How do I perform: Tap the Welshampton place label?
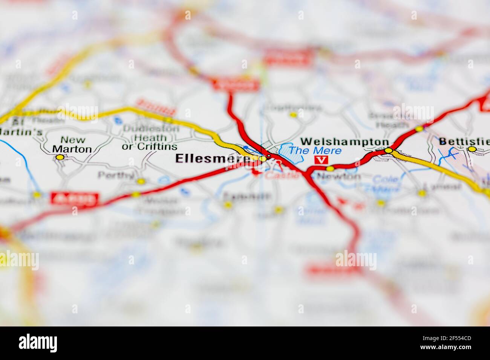click(345, 142)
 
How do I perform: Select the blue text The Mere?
click(315, 151)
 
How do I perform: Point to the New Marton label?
click(72, 145)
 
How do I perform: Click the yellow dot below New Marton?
click(60, 157)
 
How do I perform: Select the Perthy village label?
click(116, 175)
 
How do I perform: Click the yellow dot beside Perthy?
click(141, 181)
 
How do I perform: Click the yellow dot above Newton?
click(330, 168)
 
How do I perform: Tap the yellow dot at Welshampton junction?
click(389, 151)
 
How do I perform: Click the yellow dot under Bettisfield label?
click(472, 149)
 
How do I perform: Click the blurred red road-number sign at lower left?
click(74, 199)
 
